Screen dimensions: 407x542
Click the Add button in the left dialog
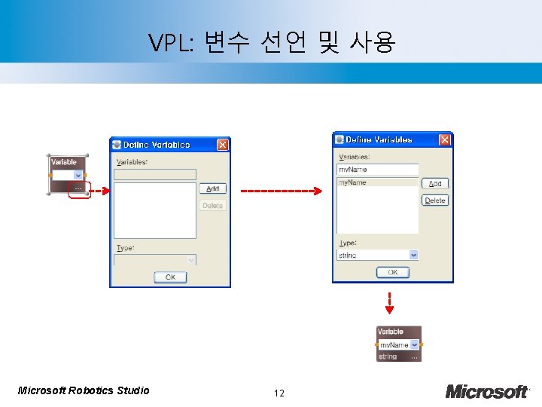pos(212,189)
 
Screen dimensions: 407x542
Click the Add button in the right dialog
pos(435,184)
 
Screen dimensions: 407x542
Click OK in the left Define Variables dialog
pos(169,277)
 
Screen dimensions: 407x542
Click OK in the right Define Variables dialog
pos(393,272)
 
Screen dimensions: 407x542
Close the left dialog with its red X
pos(222,144)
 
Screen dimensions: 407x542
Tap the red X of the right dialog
pos(445,139)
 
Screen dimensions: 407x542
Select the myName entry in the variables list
pos(376,182)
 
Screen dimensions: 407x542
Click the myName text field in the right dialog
pos(376,170)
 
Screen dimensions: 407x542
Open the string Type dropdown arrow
pos(413,256)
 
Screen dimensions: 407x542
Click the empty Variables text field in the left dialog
pos(154,174)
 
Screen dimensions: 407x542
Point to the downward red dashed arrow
pos(389,302)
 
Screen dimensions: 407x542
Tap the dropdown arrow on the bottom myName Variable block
pos(414,344)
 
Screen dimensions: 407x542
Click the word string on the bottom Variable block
pos(388,357)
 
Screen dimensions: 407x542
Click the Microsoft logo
pos(487,391)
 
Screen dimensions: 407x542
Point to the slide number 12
pos(279,393)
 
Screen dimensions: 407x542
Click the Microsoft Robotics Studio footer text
pos(84,390)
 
